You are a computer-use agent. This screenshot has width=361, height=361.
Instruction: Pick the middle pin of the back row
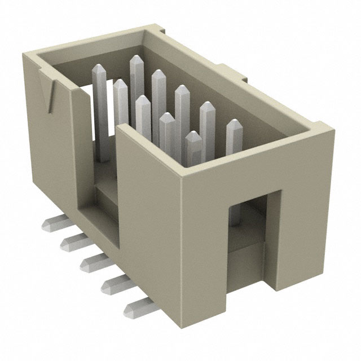coord(159,90)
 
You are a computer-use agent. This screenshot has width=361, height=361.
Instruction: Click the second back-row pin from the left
coord(137,73)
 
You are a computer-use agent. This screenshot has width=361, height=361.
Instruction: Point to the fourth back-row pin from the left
coord(182,104)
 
